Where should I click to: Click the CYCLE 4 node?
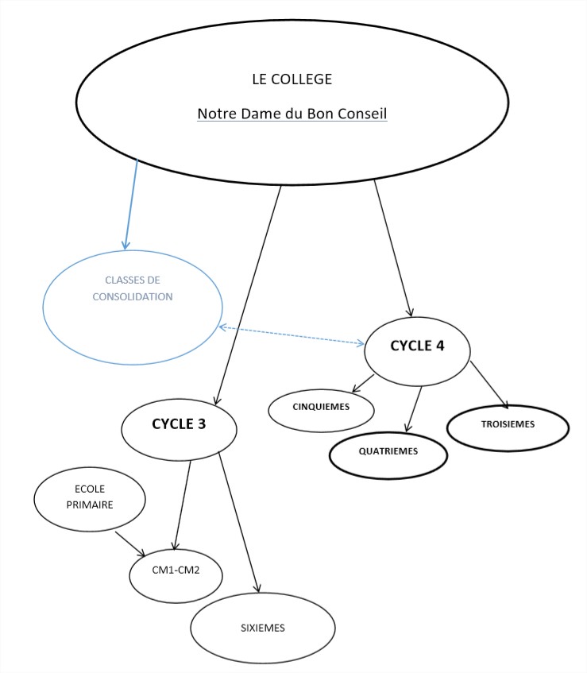417,346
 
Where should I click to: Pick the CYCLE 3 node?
179,424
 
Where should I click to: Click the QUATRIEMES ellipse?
388,451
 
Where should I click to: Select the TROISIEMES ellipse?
508,424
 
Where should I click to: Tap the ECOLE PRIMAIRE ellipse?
90,497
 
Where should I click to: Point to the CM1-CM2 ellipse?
176,570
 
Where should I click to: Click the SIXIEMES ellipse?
262,628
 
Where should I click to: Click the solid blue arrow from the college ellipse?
130,203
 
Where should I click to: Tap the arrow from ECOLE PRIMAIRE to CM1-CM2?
130,545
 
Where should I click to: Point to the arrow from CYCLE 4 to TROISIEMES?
489,386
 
